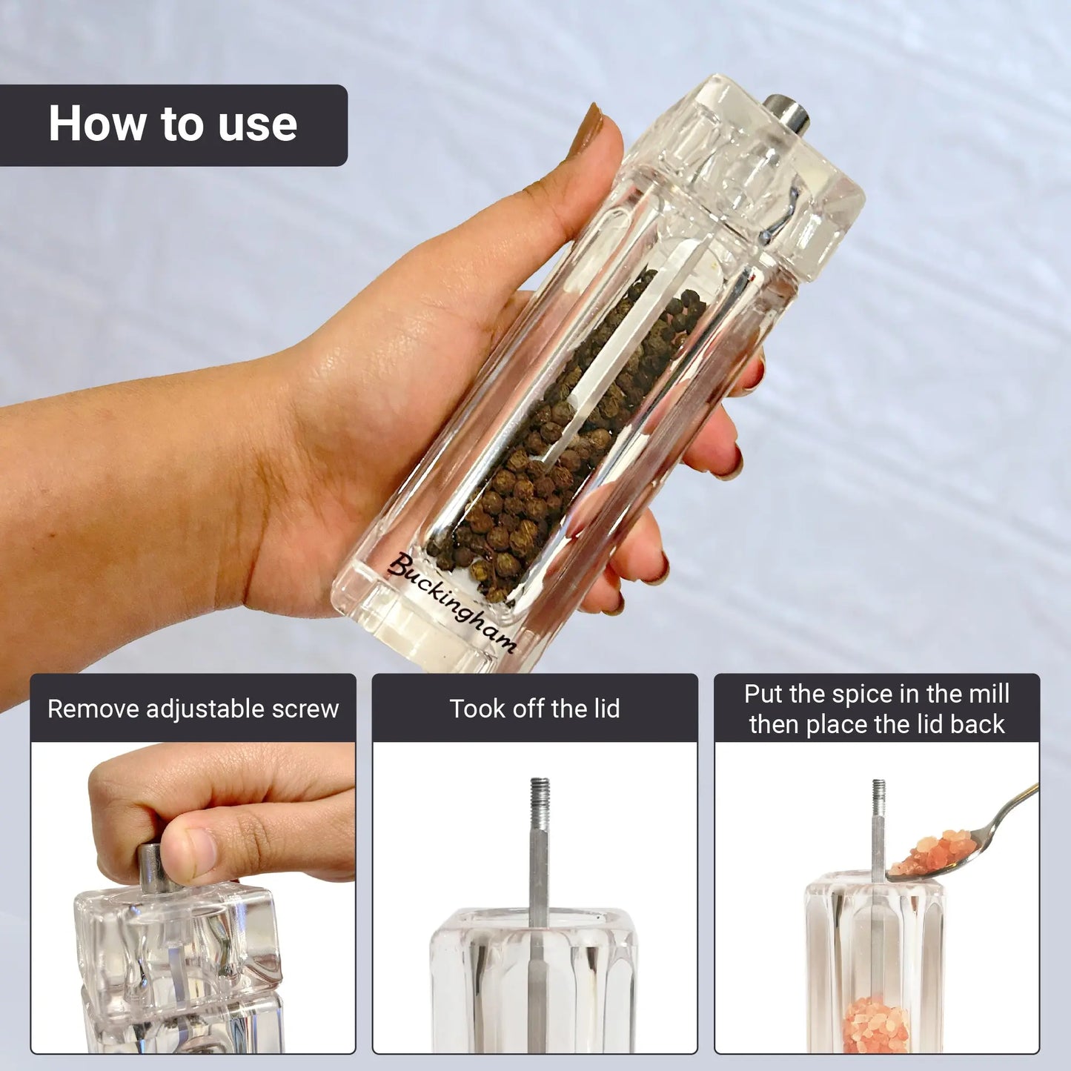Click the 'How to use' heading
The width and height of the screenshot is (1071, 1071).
coord(173,123)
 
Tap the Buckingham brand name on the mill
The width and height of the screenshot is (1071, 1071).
coord(452,602)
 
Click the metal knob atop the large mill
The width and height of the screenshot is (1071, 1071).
coord(786,114)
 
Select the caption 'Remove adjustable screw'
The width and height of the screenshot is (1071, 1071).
coord(193,709)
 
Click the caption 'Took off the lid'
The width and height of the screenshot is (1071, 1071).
coord(534,709)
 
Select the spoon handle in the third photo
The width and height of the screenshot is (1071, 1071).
coord(1012,817)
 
